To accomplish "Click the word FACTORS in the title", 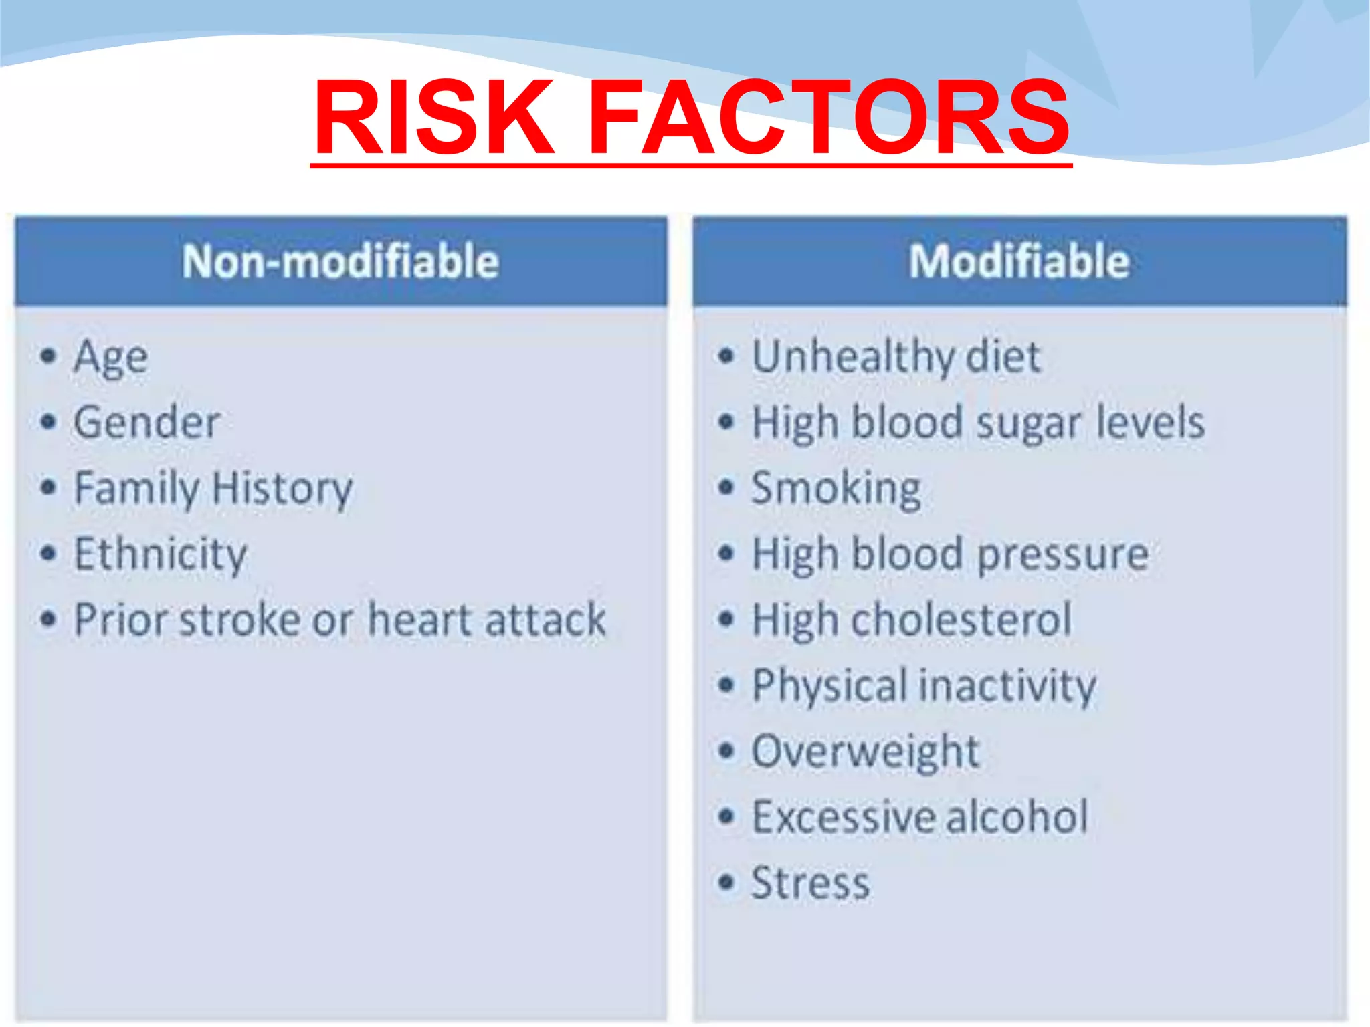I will click(828, 118).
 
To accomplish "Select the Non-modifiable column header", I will click(340, 261).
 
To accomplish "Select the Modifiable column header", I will click(1019, 261).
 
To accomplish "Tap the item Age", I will click(110, 357).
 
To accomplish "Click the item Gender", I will click(146, 423).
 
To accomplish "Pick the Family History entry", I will click(213, 488).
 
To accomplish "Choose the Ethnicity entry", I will click(161, 554).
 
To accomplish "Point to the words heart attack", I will click(487, 620).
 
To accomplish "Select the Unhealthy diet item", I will click(896, 356).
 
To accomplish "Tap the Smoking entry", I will click(836, 488).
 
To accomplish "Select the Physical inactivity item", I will click(924, 686).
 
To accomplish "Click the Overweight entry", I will click(865, 752).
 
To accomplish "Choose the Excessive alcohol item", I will click(920, 817).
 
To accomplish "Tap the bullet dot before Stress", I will click(726, 883).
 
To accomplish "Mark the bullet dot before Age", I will click(47, 356).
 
